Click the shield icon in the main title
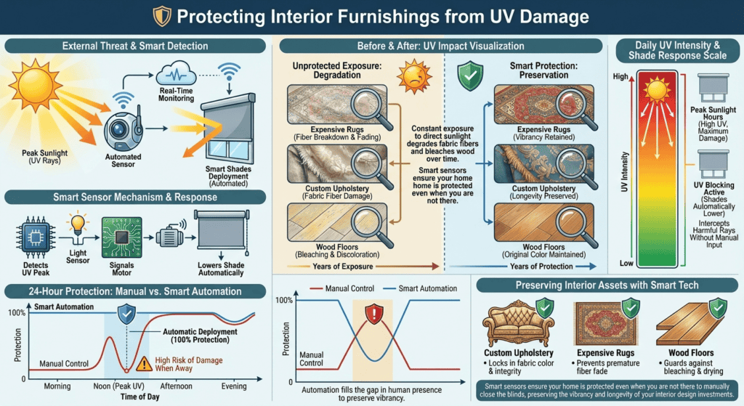click(164, 15)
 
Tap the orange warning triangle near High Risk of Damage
click(147, 362)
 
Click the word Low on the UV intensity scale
click(624, 262)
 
